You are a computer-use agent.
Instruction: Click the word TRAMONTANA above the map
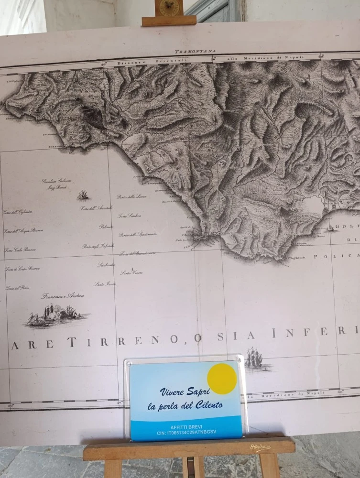[x=195, y=51]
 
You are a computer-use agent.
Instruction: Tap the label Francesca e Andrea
[x=63, y=296]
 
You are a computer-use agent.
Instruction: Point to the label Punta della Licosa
[x=131, y=196]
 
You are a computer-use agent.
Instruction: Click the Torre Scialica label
[x=130, y=216]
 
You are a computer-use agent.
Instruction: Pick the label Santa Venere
[x=131, y=273]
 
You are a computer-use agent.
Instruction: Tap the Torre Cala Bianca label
[x=21, y=250]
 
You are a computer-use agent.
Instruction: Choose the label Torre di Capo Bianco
[x=22, y=269]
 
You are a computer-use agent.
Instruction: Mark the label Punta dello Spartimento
[x=138, y=234]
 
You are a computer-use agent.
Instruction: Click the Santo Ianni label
[x=105, y=284]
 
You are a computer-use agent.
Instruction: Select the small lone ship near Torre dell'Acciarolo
[x=84, y=195]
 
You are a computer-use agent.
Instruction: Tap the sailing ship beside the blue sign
[x=253, y=358]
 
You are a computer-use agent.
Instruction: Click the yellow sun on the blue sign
[x=222, y=379]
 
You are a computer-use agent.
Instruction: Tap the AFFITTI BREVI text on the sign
[x=186, y=426]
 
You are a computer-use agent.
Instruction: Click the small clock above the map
[x=169, y=8]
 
